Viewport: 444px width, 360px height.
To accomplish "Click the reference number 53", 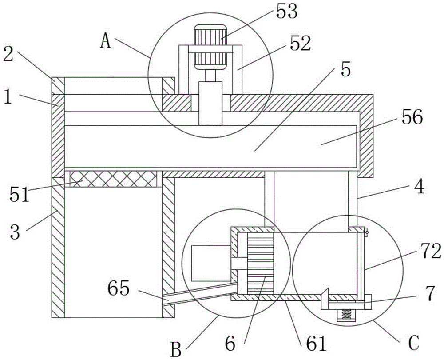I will pos(286,12).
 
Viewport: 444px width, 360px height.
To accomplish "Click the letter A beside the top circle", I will pos(105,41).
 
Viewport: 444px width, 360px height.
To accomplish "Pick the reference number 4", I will pos(418,187).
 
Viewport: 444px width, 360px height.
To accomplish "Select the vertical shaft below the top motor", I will pos(210,102).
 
